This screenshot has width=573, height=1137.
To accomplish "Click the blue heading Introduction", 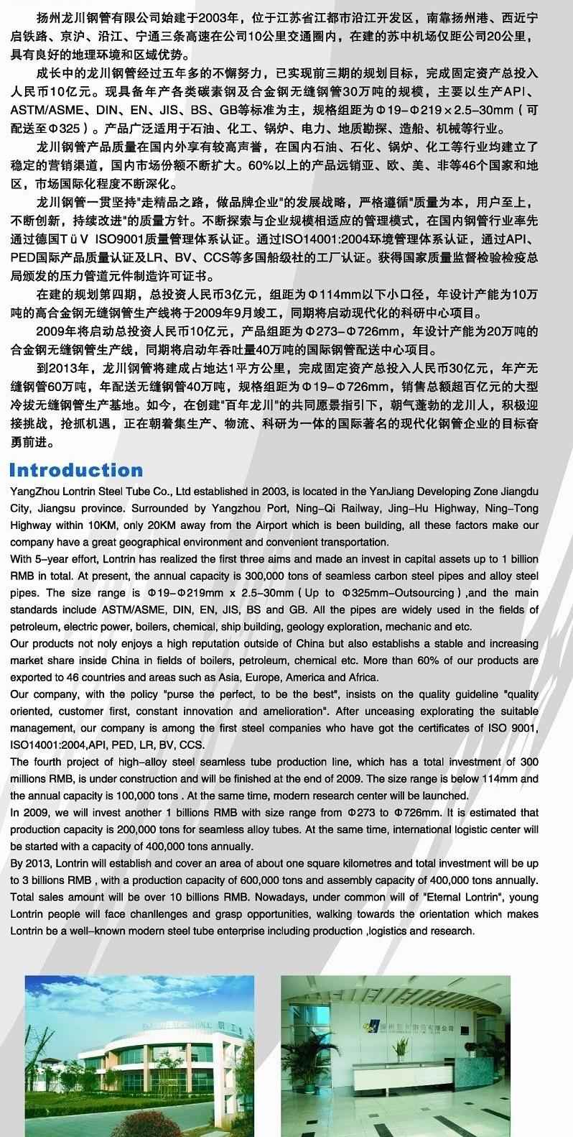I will [76, 471].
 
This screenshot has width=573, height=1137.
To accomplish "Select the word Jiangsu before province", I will [58, 508].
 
